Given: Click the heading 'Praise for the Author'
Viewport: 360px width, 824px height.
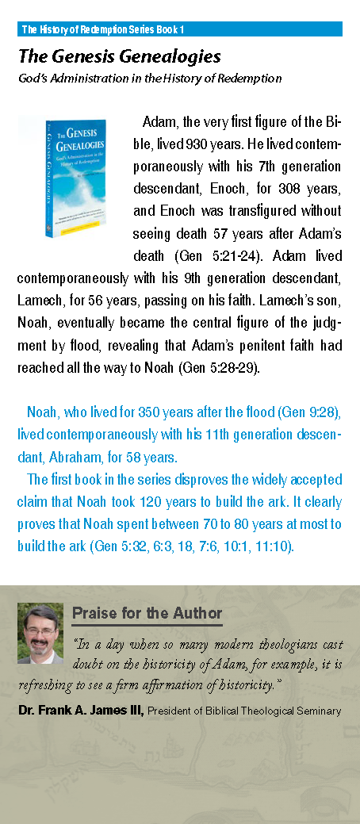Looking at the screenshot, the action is tap(147, 614).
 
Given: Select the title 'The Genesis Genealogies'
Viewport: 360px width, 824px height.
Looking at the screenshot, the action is tap(119, 57).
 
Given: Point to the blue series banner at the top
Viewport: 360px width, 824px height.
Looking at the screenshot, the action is tap(180, 29).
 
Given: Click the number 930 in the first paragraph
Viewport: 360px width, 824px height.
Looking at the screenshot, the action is tap(196, 145).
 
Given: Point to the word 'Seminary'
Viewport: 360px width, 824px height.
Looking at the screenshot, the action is tap(320, 711).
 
